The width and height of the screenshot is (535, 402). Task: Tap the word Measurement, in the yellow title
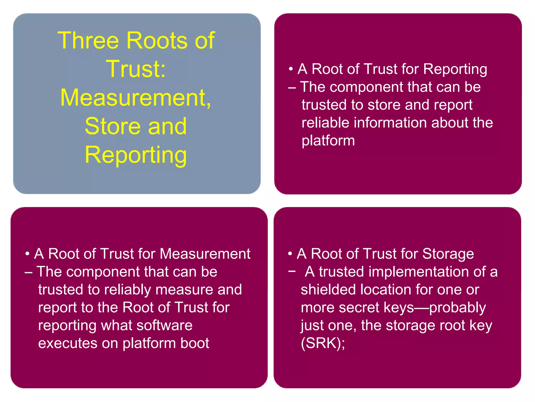136,98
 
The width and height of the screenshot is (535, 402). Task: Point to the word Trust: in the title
136,69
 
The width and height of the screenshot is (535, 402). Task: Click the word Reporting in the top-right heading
455,69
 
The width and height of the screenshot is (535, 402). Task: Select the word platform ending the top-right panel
328,141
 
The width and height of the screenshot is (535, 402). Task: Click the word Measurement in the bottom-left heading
205,254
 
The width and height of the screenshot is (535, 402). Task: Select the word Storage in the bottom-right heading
448,254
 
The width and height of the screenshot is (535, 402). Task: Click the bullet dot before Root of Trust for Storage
290,254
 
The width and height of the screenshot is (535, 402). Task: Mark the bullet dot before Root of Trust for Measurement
27,254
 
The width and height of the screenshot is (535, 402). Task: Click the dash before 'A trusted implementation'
292,271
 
